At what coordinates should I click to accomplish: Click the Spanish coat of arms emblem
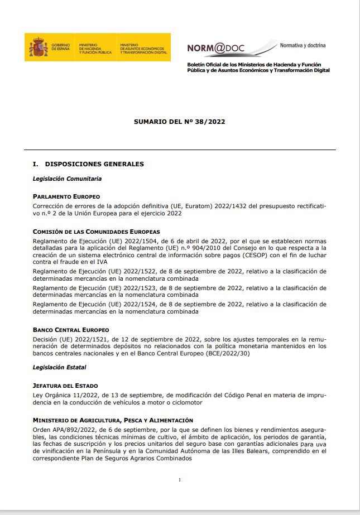click(x=39, y=47)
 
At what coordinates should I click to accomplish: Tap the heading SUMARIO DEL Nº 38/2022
click(x=179, y=121)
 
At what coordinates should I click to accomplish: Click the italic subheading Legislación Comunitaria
click(x=67, y=179)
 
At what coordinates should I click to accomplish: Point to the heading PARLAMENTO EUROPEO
click(x=66, y=196)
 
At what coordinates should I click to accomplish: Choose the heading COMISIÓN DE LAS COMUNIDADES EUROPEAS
click(x=96, y=231)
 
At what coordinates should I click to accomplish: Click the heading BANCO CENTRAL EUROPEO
click(x=70, y=330)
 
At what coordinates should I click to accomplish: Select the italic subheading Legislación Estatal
click(x=59, y=368)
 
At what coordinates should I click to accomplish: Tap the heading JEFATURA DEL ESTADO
click(x=65, y=386)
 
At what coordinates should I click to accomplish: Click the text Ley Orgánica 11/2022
click(x=63, y=394)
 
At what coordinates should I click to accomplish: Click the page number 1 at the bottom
click(x=180, y=480)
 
